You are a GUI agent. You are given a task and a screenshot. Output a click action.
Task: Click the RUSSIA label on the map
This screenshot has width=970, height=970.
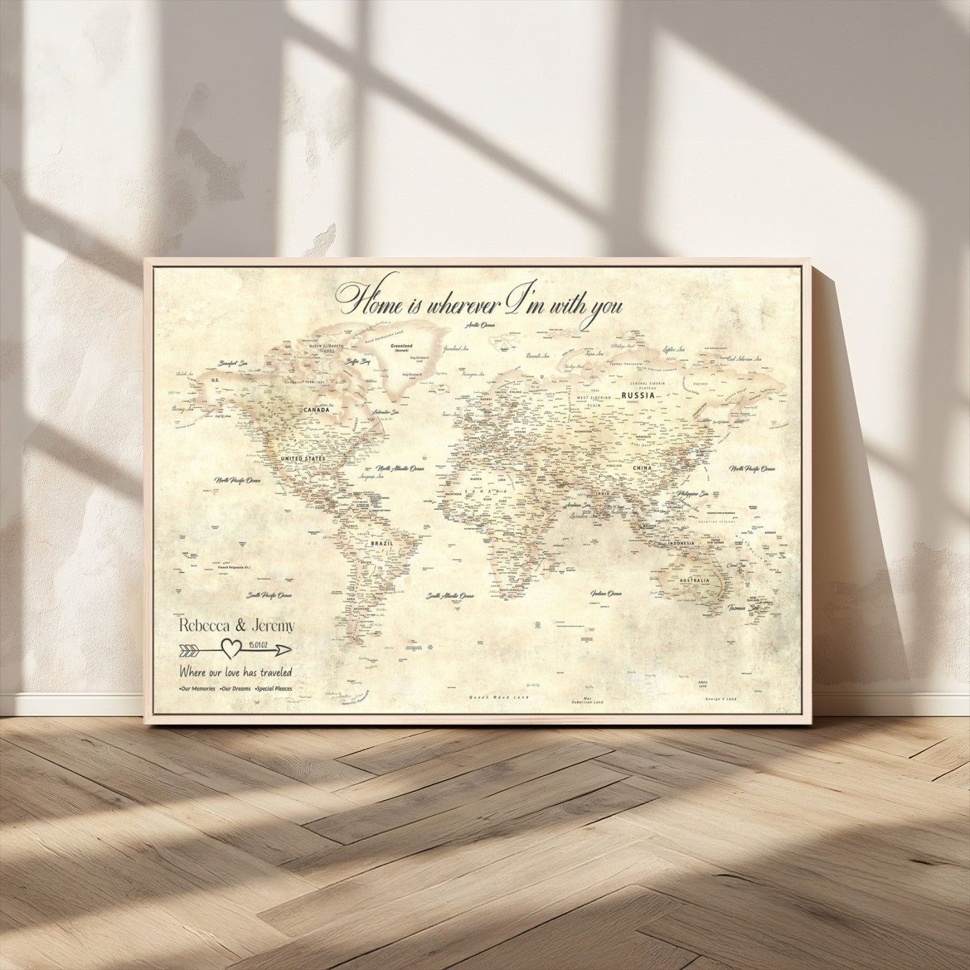click(638, 396)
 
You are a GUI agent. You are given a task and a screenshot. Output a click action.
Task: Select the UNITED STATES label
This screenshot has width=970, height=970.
click(301, 459)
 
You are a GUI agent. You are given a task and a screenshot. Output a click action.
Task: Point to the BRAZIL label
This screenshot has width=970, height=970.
click(382, 544)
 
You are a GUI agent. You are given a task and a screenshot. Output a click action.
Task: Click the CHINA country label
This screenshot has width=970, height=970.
click(642, 468)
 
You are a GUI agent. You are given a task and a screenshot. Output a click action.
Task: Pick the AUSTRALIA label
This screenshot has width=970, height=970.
click(695, 580)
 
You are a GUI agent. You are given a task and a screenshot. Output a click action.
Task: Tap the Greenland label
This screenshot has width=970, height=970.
click(401, 345)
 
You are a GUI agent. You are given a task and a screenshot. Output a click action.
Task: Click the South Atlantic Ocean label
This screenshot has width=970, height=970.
click(450, 595)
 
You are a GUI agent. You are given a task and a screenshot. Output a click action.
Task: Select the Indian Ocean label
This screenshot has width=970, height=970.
click(606, 594)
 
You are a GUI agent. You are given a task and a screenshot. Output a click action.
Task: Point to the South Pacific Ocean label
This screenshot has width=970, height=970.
click(270, 595)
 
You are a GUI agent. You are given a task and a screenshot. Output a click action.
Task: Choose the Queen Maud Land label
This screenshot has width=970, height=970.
click(499, 697)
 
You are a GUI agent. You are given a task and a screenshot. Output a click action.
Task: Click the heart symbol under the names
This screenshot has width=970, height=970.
click(230, 649)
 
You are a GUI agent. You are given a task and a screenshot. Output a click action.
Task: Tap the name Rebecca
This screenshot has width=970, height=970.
click(204, 626)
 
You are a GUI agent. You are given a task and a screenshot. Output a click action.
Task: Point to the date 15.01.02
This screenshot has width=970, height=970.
click(257, 646)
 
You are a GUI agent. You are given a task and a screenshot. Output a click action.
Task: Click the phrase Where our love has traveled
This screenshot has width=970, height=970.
click(236, 671)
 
